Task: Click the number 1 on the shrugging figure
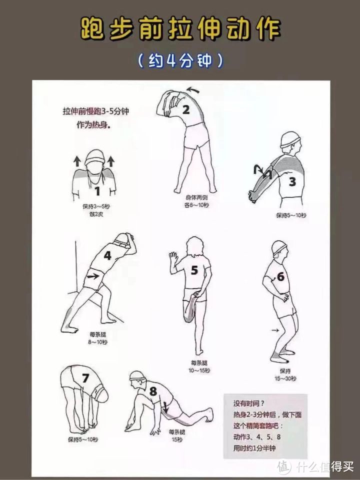pyautogui.click(x=97, y=191)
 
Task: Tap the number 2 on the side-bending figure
pyautogui.click(x=185, y=109)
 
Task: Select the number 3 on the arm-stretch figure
pyautogui.click(x=292, y=182)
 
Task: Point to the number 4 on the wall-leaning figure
pyautogui.click(x=107, y=255)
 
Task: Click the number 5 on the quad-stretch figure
pyautogui.click(x=194, y=270)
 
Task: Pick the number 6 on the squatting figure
pyautogui.click(x=280, y=276)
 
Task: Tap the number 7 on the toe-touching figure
pyautogui.click(x=85, y=379)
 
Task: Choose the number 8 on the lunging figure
pyautogui.click(x=153, y=391)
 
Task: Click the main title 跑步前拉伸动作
pyautogui.click(x=181, y=29)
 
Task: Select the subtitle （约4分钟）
pyautogui.click(x=180, y=61)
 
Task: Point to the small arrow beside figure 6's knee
pyautogui.click(x=275, y=330)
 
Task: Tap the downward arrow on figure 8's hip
pyautogui.click(x=165, y=407)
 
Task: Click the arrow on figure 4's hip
pyautogui.click(x=93, y=276)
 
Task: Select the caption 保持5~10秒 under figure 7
pyautogui.click(x=83, y=440)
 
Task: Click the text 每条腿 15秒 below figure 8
pyautogui.click(x=177, y=436)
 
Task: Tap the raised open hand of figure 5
pyautogui.click(x=173, y=258)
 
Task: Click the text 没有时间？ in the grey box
pyautogui.click(x=249, y=404)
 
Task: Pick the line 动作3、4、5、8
pyautogui.click(x=257, y=437)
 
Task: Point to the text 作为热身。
pyautogui.click(x=93, y=125)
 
